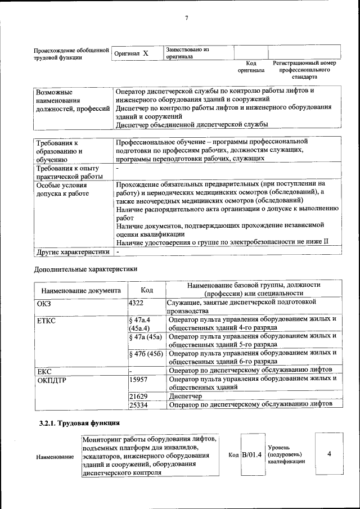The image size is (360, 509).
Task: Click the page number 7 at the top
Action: [186, 18]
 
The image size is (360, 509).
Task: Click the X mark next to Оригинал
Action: [145, 53]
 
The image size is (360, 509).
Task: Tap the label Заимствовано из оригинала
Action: [187, 53]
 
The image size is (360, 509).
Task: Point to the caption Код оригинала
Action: [251, 67]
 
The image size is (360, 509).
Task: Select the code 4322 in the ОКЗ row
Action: [137, 303]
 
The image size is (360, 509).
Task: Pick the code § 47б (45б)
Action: [146, 353]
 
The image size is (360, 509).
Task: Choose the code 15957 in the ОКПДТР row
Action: [138, 379]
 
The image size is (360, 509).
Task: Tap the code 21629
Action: [138, 396]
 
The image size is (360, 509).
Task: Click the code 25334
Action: [138, 404]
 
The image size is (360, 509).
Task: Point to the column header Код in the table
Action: [147, 290]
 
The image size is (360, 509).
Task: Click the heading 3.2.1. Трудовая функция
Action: [79, 423]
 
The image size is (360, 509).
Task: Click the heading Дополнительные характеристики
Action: [85, 269]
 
